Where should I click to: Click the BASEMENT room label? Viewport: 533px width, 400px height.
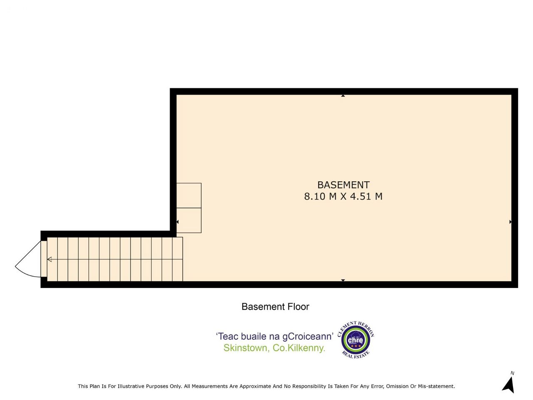click(344, 185)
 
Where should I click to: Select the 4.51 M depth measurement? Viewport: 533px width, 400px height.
click(366, 196)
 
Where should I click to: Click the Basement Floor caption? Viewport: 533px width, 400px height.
click(275, 307)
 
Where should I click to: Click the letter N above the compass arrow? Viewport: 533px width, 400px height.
click(512, 373)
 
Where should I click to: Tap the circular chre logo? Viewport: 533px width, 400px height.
click(356, 340)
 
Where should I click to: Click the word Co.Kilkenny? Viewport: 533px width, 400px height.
click(299, 348)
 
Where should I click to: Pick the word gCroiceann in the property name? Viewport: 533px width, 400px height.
click(308, 337)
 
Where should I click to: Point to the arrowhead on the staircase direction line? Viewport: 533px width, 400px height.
click(50, 260)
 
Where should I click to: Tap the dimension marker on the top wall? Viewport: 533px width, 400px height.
click(343, 96)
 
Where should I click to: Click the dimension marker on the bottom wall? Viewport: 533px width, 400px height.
click(343, 280)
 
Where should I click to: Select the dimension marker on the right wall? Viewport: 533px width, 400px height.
click(511, 222)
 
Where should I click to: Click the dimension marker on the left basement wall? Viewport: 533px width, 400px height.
click(177, 222)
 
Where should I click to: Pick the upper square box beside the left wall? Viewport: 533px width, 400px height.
click(189, 195)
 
